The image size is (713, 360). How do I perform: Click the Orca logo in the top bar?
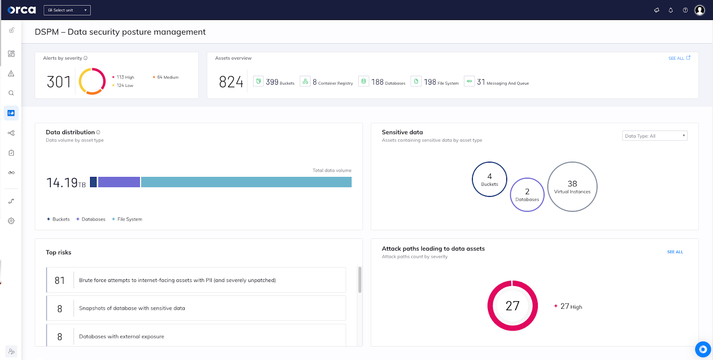pyautogui.click(x=21, y=10)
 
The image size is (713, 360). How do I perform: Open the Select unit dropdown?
pyautogui.click(x=67, y=10)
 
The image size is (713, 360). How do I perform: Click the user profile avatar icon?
pyautogui.click(x=700, y=10)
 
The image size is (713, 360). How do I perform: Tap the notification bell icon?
pyautogui.click(x=671, y=10)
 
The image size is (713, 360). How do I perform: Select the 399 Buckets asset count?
pyautogui.click(x=274, y=82)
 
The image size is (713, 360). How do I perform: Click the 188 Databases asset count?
pyautogui.click(x=382, y=82)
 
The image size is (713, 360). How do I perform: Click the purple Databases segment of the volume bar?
pyautogui.click(x=119, y=182)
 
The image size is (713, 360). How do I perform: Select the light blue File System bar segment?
pyautogui.click(x=246, y=182)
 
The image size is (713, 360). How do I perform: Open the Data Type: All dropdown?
pyautogui.click(x=655, y=136)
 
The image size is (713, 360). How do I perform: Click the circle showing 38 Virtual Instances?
pyautogui.click(x=572, y=187)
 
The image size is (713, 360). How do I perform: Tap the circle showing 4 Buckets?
pyautogui.click(x=489, y=179)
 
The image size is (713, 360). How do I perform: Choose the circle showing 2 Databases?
pyautogui.click(x=527, y=195)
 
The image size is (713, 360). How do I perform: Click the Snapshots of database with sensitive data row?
pyautogui.click(x=196, y=308)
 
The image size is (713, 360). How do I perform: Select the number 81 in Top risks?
pyautogui.click(x=60, y=280)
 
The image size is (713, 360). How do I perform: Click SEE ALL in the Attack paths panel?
pyautogui.click(x=675, y=252)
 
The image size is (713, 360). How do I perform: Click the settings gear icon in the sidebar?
pyautogui.click(x=11, y=221)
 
